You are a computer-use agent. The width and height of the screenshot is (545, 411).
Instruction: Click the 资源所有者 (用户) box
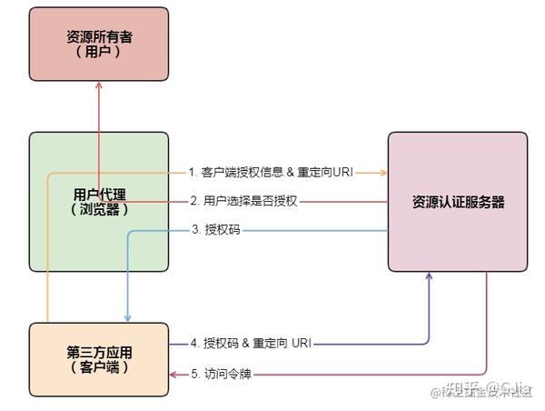(99, 45)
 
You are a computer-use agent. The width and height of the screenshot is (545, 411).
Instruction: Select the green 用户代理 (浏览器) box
(99, 201)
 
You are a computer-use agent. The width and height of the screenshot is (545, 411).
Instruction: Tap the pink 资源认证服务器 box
(458, 202)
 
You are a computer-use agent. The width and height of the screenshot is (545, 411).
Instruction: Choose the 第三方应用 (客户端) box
(99, 360)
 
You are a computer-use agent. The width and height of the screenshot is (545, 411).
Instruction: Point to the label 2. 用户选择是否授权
(243, 201)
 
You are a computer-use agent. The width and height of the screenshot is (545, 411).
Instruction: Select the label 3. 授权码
(215, 230)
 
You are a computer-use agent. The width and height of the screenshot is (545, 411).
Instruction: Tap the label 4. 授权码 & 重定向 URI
(257, 343)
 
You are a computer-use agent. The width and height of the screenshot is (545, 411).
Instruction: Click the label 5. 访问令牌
(223, 374)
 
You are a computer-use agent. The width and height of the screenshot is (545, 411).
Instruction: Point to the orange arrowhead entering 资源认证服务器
(382, 172)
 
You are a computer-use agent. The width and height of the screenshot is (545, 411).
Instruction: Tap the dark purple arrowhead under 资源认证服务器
(429, 277)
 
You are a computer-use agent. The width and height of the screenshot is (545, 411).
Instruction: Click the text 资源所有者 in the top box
(99, 37)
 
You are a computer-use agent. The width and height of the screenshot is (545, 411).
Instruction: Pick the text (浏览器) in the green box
(99, 209)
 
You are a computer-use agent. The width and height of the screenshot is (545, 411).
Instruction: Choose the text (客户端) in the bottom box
(99, 368)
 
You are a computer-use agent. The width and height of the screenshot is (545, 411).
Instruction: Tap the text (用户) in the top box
(99, 53)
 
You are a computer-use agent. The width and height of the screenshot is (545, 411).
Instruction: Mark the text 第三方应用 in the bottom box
(99, 352)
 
